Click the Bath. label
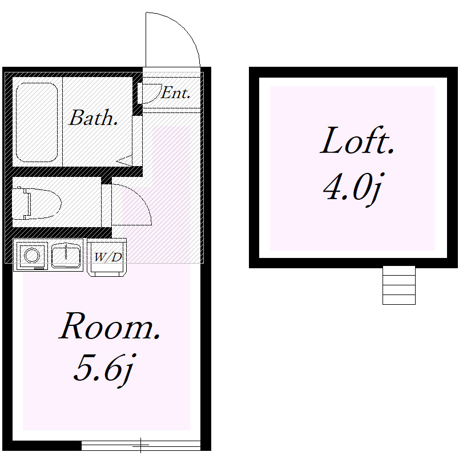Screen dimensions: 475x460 pyautogui.click(x=93, y=118)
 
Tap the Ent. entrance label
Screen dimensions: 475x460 pyautogui.click(x=175, y=92)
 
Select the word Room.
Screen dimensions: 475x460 pyautogui.click(x=110, y=326)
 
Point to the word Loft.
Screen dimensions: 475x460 pyautogui.click(x=357, y=140)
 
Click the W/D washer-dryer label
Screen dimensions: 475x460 pyautogui.click(x=108, y=257)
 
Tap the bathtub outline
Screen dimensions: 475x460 pyautogui.click(x=37, y=122)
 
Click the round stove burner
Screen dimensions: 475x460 pyautogui.click(x=32, y=255)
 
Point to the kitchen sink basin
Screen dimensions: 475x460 pyautogui.click(x=66, y=256)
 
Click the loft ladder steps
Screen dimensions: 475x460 pyautogui.click(x=398, y=285)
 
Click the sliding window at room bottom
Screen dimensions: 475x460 pyautogui.click(x=141, y=446)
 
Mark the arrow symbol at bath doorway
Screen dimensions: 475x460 pyautogui.click(x=125, y=160)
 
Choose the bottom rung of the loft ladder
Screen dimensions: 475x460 pyautogui.click(x=398, y=300)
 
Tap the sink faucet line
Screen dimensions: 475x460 pyautogui.click(x=66, y=252)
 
